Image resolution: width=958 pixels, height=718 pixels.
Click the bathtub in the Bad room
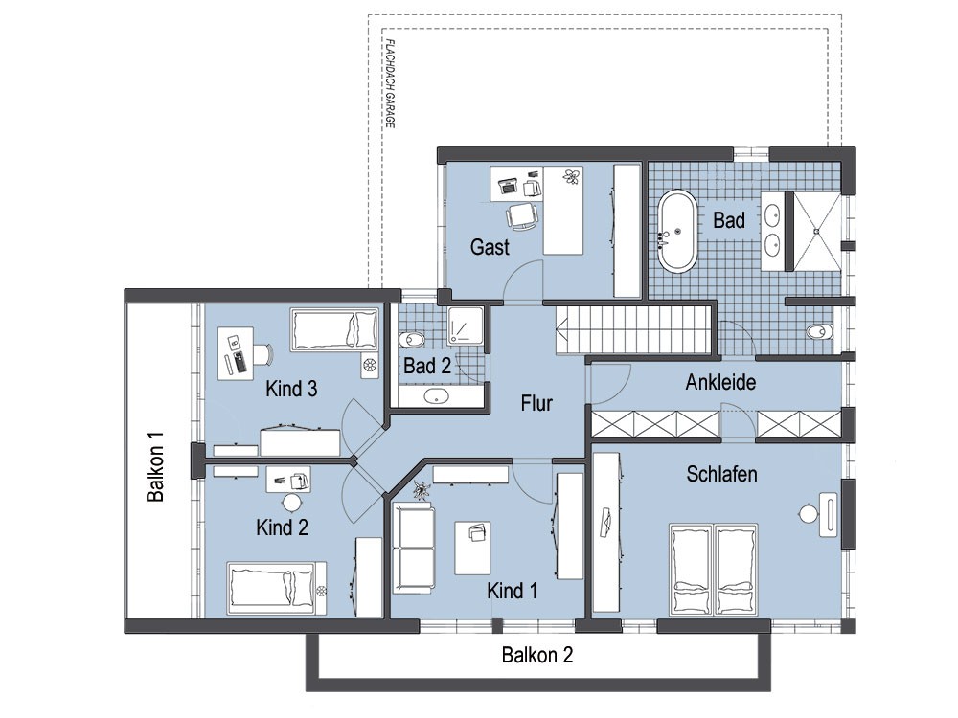point(676,232)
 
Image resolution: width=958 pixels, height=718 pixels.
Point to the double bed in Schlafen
point(713,569)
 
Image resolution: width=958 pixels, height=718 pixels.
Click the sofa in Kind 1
point(414,547)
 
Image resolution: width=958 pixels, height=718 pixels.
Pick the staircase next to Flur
point(633,329)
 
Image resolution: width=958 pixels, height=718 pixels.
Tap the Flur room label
point(536,403)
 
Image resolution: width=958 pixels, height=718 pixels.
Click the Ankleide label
point(720,382)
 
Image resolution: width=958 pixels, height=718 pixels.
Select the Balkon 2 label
point(537,655)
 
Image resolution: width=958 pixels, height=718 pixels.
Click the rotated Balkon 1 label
point(156,467)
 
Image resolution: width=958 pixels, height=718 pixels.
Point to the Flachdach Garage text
point(391,83)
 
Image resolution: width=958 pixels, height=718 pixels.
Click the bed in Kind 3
point(334,330)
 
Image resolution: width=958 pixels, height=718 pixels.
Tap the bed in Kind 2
point(277,588)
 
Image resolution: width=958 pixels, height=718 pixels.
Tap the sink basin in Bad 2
point(437,395)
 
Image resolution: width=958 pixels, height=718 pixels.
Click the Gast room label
point(490,247)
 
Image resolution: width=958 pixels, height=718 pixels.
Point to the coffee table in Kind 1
point(472,548)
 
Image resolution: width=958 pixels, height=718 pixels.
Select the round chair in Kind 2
point(291,503)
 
